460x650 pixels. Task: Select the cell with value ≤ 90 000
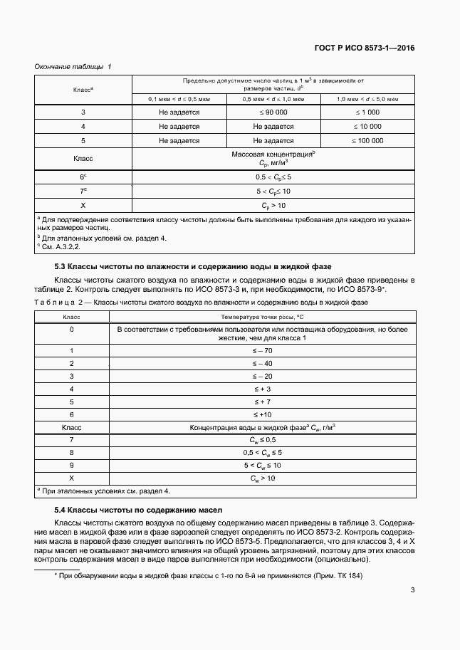pyautogui.click(x=273, y=112)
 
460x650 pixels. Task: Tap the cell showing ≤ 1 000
pyautogui.click(x=367, y=112)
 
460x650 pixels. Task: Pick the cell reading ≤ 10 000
pyautogui.click(x=367, y=127)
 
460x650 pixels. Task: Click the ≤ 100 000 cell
pyautogui.click(x=367, y=141)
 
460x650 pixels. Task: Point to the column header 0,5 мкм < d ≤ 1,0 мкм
pyautogui.click(x=273, y=99)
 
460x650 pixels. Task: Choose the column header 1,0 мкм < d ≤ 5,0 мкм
pyautogui.click(x=367, y=99)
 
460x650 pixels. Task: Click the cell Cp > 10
pyautogui.click(x=273, y=205)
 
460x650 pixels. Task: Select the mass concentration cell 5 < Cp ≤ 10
pyautogui.click(x=273, y=191)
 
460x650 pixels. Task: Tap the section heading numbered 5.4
pyautogui.click(x=139, y=510)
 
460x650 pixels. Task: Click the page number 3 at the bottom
pyautogui.click(x=413, y=589)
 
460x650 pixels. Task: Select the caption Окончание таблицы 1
pyautogui.click(x=73, y=67)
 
